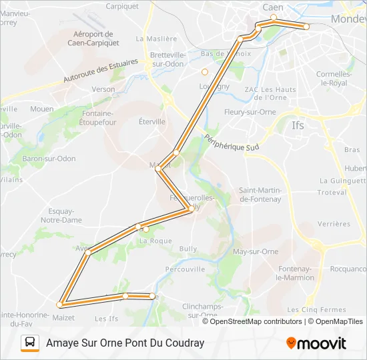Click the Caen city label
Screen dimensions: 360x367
[274, 7]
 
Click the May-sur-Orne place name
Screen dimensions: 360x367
[256, 251]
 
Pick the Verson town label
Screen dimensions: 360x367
[103, 89]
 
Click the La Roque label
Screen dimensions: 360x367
[155, 241]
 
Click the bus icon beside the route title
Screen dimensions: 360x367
[30, 343]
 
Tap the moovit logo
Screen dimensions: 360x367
[316, 343]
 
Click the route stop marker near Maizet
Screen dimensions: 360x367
[59, 305]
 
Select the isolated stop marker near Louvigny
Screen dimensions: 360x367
[205, 72]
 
